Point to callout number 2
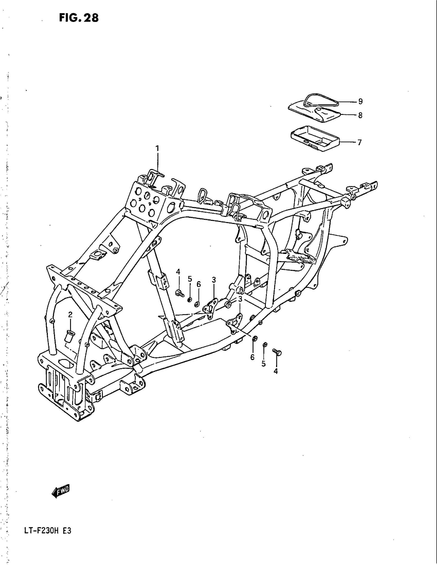coord(70,315)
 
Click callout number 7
coord(359,142)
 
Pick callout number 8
coord(360,115)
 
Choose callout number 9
coord(360,101)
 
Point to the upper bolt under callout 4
coord(179,293)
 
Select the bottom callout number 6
coord(252,357)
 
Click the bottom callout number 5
coord(263,364)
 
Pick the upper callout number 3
coord(214,280)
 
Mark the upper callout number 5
coord(190,279)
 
